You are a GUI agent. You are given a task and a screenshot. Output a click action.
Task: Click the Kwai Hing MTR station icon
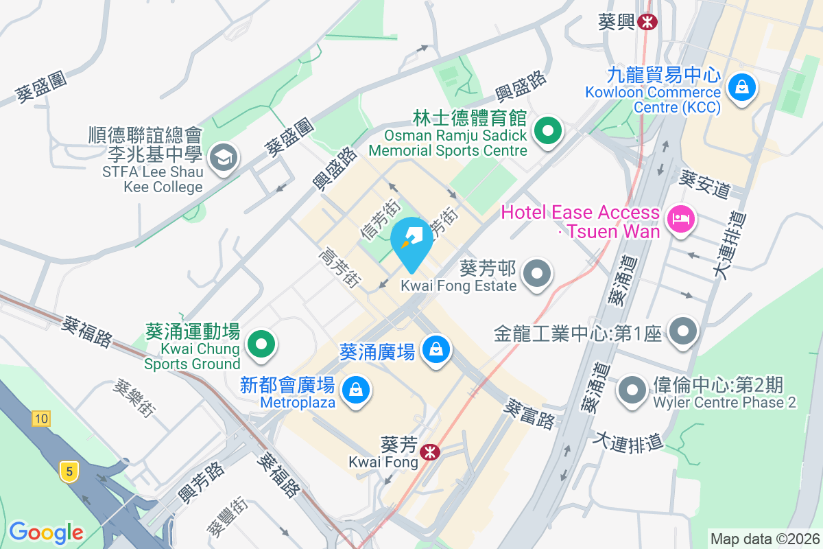(x=646, y=22)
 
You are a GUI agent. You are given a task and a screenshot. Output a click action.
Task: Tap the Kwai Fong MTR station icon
(x=431, y=453)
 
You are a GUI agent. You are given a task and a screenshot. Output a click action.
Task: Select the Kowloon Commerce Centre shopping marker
(x=741, y=87)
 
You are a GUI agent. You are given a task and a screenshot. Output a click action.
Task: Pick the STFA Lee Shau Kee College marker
(x=224, y=159)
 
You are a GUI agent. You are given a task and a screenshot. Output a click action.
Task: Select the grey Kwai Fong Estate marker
(x=536, y=274)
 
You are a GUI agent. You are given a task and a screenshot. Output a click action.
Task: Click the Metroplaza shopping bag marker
(x=356, y=390)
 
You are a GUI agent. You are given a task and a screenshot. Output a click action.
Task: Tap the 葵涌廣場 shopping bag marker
(x=436, y=350)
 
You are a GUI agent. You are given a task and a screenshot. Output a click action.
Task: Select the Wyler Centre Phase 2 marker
(x=632, y=390)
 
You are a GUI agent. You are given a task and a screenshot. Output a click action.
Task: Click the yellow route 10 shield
(x=40, y=418)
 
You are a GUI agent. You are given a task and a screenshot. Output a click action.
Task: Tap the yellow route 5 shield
(x=67, y=471)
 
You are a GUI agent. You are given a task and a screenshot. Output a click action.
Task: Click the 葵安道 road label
(x=704, y=183)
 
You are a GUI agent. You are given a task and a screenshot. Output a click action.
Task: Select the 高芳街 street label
(x=339, y=268)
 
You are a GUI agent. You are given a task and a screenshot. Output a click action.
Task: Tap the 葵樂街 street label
(x=134, y=399)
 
